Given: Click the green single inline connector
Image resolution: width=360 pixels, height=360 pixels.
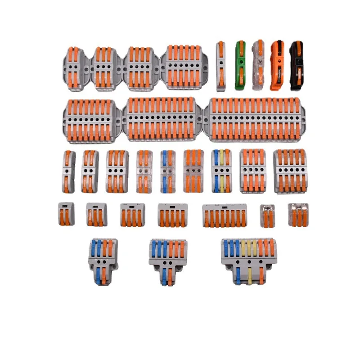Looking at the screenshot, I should click(241, 65).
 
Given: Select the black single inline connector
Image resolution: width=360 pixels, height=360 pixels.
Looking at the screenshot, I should click(296, 65).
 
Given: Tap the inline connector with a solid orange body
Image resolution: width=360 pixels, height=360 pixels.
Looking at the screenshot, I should click(277, 65).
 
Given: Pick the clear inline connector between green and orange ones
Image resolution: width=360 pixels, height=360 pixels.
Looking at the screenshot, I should click(258, 65).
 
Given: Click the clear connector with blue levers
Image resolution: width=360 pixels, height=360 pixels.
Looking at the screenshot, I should click(167, 171).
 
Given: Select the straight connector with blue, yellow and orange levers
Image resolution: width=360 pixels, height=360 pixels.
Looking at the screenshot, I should click(221, 171).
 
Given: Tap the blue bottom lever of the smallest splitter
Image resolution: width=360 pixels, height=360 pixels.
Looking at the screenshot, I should click(98, 274).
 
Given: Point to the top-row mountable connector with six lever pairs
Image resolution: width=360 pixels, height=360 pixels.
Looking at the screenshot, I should click(185, 67).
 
